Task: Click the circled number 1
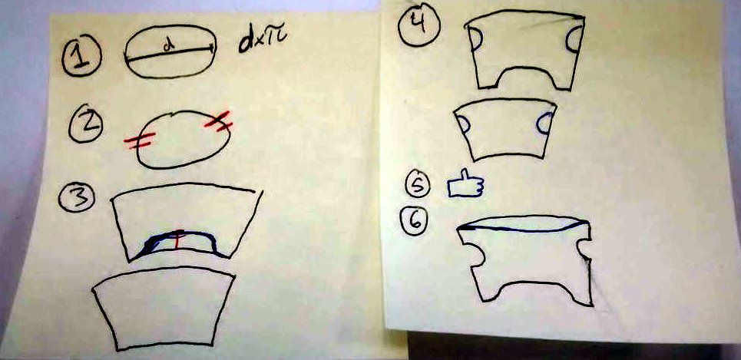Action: coord(81,57)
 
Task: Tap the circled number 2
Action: coord(85,125)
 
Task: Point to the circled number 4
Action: coord(418,26)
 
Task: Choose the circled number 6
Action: coord(415,220)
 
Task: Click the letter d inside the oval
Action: coord(167,46)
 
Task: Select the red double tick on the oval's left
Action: coord(140,140)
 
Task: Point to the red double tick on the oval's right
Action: coord(218,121)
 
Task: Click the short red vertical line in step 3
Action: coord(177,239)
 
